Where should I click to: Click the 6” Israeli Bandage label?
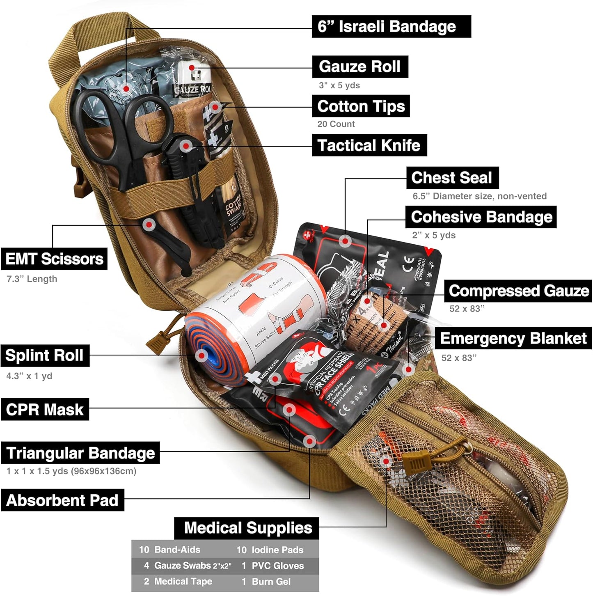tap(391, 27)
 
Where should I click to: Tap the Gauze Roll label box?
tap(360, 66)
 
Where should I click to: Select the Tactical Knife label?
tap(369, 145)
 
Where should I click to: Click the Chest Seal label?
tap(452, 178)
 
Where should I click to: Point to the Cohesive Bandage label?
tap(481, 217)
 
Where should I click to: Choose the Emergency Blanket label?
tap(513, 338)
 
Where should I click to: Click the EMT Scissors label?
tap(54, 259)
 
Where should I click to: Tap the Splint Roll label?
tap(45, 355)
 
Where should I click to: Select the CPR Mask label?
tap(45, 409)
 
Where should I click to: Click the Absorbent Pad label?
tap(62, 500)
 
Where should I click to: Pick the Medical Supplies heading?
tap(247, 528)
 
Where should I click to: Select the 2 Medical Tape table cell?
tap(179, 582)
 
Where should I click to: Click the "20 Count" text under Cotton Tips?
tap(336, 124)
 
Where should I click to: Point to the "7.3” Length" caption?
tap(32, 279)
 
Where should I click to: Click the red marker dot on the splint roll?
tap(201, 355)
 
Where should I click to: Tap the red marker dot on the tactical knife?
tap(186, 145)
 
